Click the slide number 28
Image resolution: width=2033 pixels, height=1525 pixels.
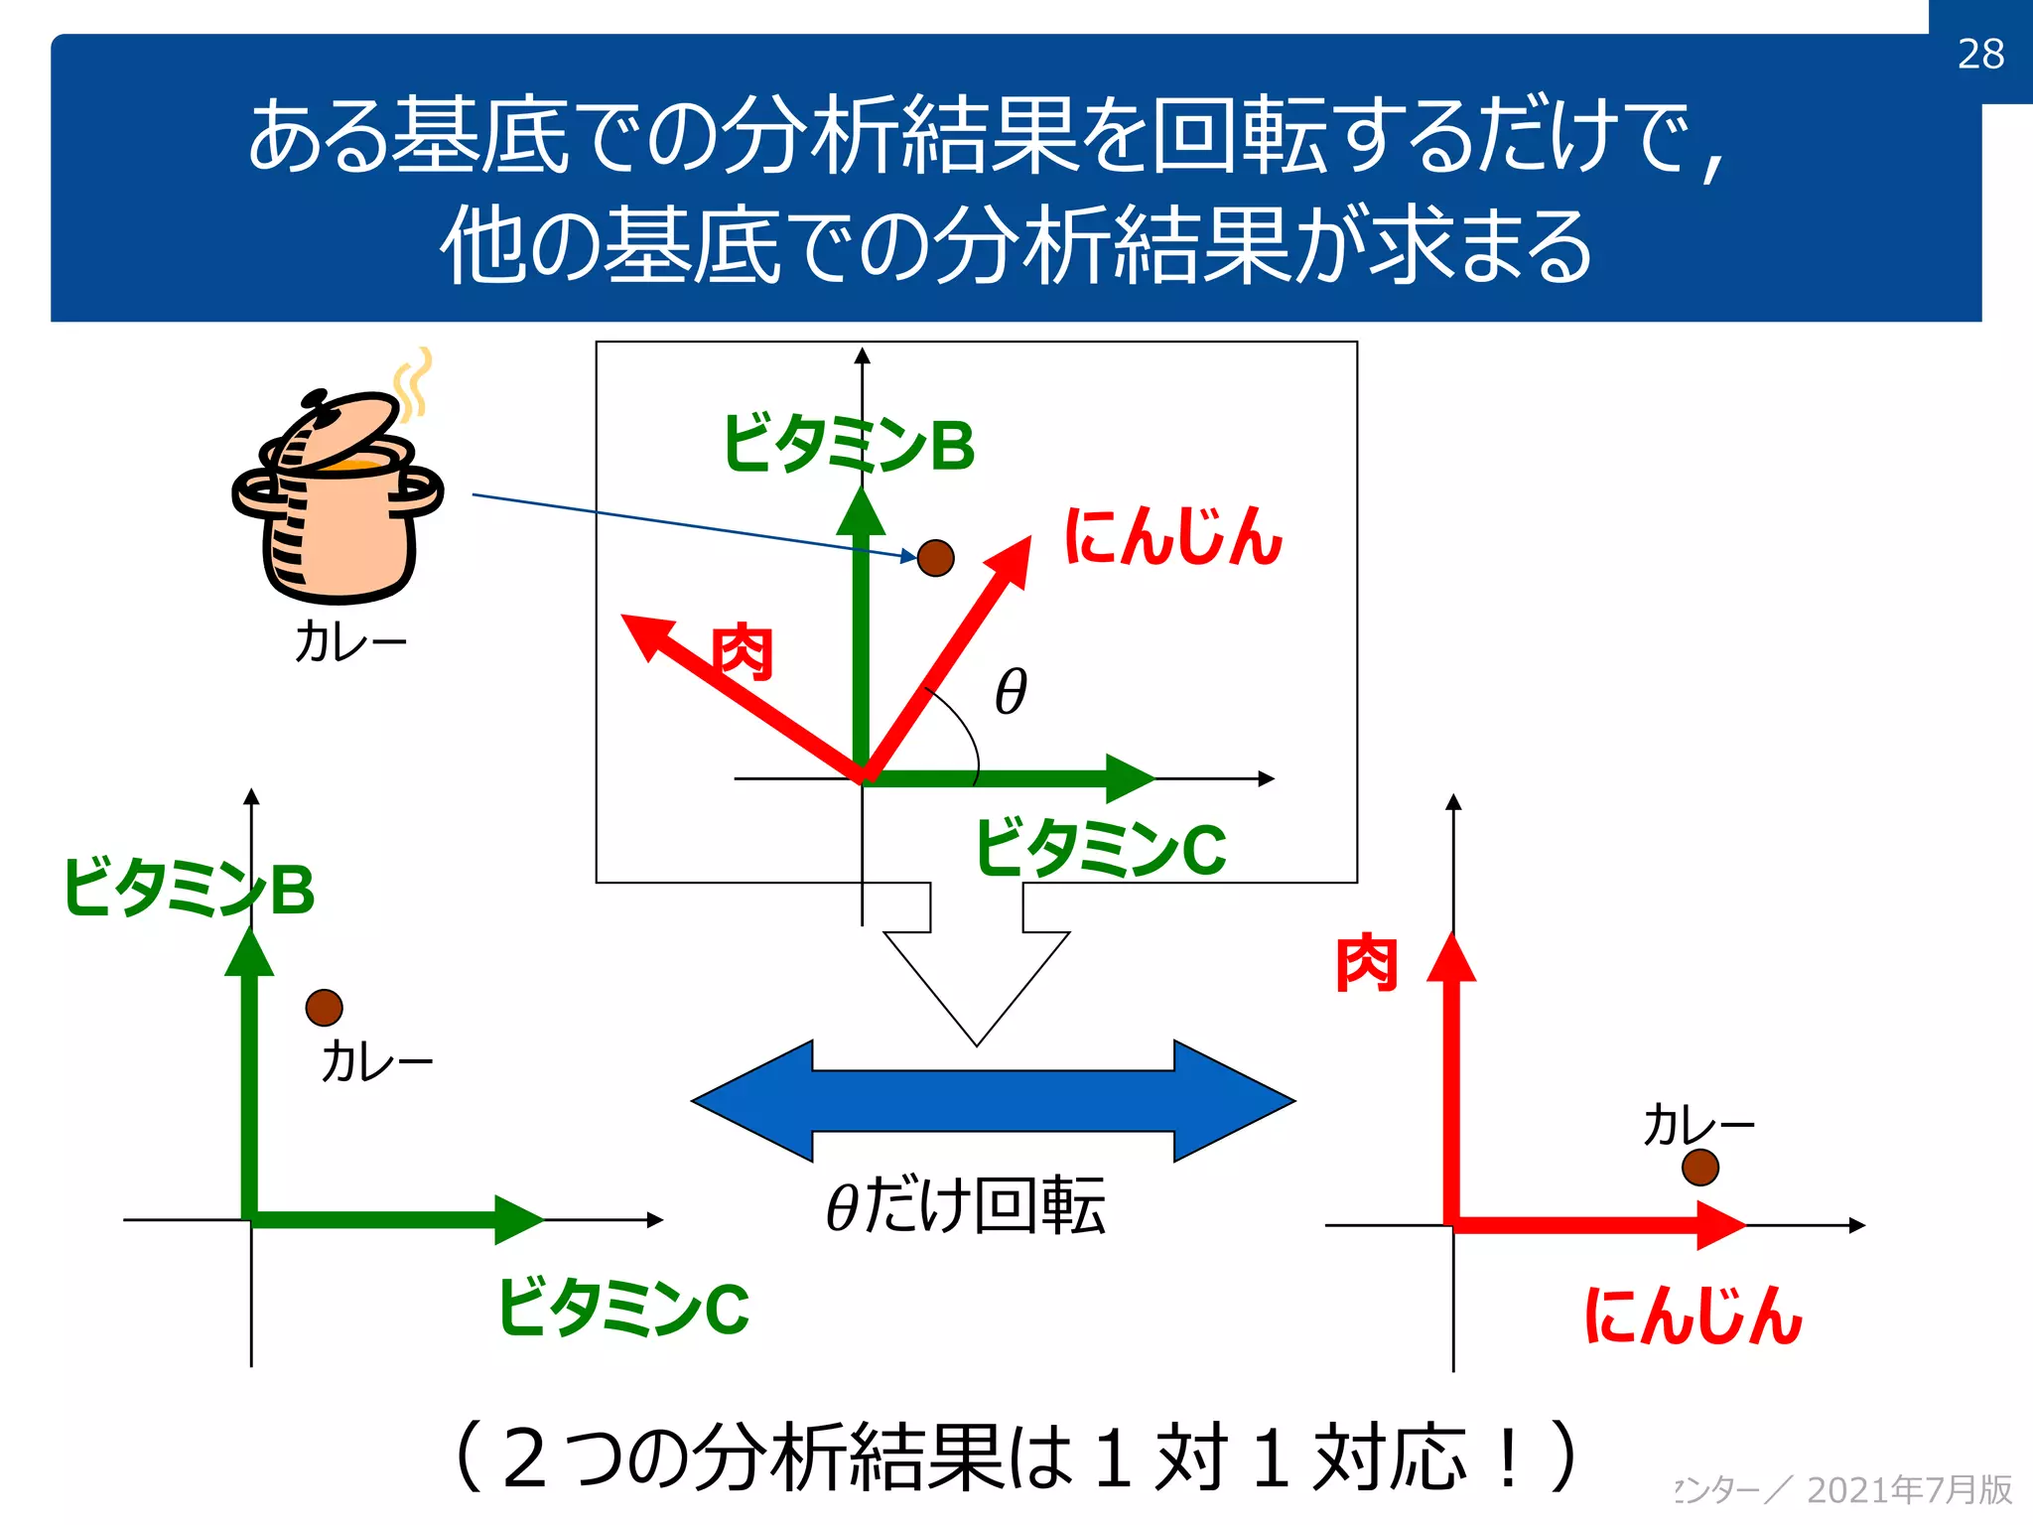tap(1980, 54)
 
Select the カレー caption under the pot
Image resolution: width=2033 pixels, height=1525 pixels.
tap(350, 641)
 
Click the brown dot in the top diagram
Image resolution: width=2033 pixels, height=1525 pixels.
tap(935, 558)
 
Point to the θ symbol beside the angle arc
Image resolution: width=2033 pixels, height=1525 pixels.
tap(1011, 691)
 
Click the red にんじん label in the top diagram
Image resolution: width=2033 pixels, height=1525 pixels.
tap(1173, 537)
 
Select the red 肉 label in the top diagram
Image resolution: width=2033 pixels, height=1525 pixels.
tap(743, 652)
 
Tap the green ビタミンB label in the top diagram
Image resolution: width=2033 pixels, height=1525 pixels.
tap(849, 444)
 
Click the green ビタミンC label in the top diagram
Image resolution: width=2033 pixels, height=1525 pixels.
tap(1101, 849)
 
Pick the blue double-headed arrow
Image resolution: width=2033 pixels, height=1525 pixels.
tap(993, 1100)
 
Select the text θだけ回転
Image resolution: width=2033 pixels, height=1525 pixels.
tap(966, 1206)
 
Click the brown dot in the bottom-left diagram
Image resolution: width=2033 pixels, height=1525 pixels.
tap(324, 1008)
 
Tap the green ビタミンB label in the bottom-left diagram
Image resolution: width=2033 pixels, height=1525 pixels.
tap(189, 888)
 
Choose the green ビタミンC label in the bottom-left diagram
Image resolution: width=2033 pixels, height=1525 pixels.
tap(623, 1308)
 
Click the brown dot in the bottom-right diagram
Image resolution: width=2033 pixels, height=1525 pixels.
tap(1700, 1167)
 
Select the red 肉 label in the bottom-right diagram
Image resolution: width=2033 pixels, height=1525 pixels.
tap(1367, 962)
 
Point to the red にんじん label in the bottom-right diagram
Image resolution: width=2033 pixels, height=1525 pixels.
tap(1693, 1317)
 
